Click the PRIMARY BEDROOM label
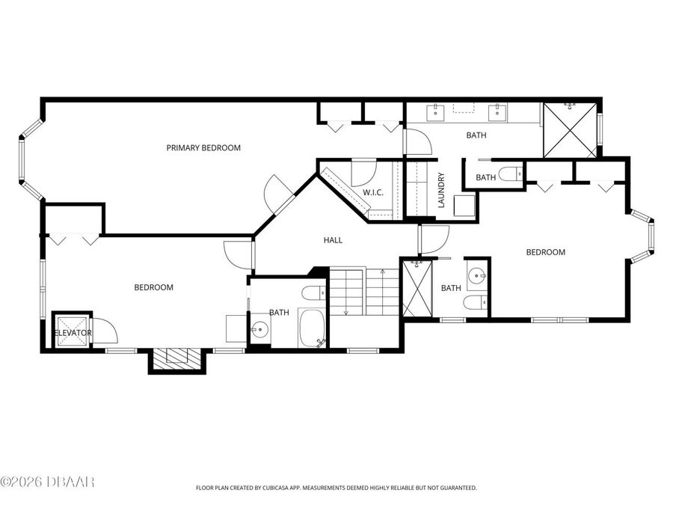pyautogui.click(x=203, y=148)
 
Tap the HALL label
pyautogui.click(x=333, y=240)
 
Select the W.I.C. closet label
pyautogui.click(x=373, y=193)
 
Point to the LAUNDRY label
pyautogui.click(x=442, y=191)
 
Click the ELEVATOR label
pyautogui.click(x=73, y=333)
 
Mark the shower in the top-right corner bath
pyautogui.click(x=570, y=130)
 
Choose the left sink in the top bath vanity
pyautogui.click(x=435, y=113)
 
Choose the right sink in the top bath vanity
pyautogui.click(x=497, y=113)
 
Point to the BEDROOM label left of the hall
pyautogui.click(x=153, y=287)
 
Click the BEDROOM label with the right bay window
pyautogui.click(x=545, y=252)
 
